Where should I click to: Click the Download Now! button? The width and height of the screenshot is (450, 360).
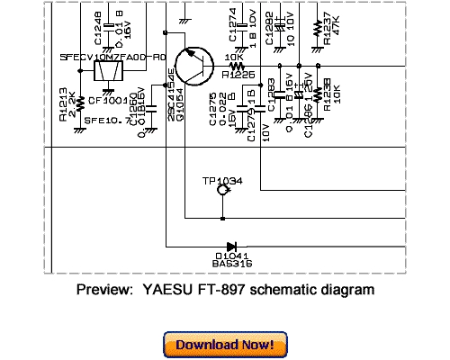pos(225,345)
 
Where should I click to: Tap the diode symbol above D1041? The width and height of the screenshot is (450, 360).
pos(232,246)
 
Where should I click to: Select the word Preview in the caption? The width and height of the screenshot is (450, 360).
pos(102,291)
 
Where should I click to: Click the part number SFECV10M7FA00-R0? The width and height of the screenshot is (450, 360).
pos(112,56)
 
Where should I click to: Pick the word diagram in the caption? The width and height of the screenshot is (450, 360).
pos(348,291)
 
